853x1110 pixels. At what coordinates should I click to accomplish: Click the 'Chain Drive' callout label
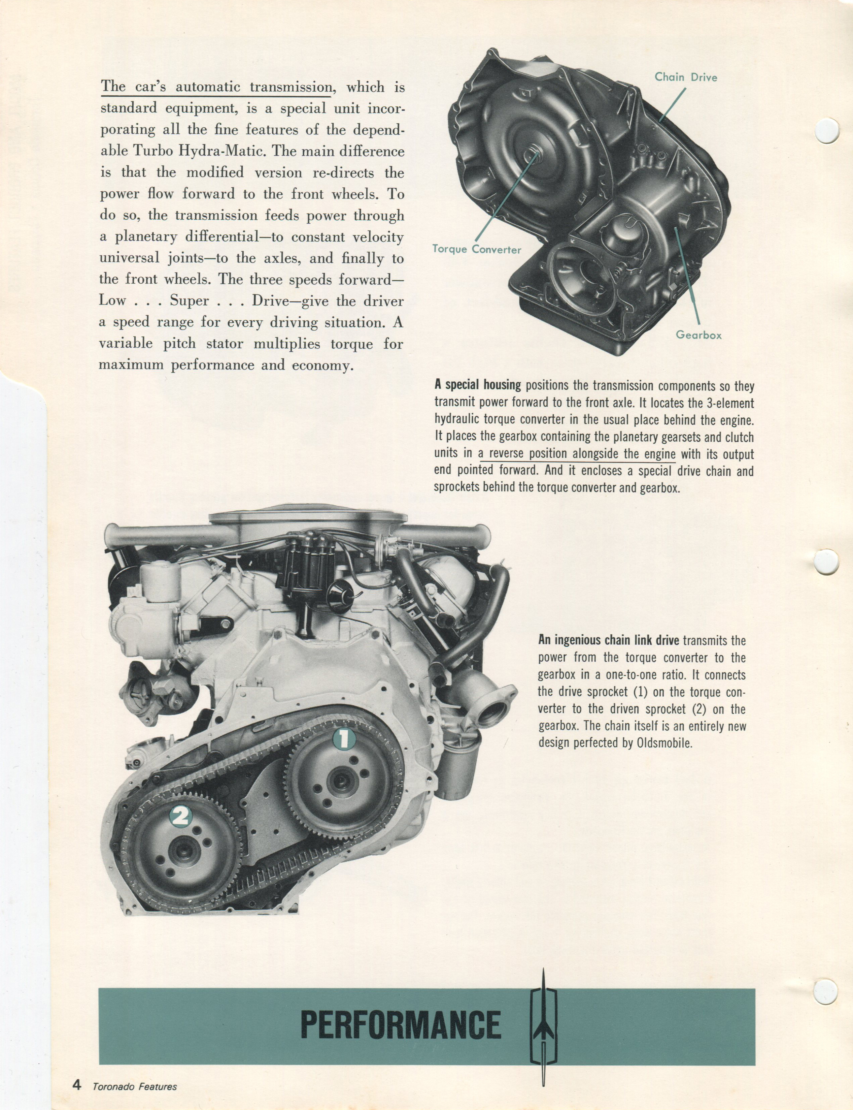[x=685, y=77]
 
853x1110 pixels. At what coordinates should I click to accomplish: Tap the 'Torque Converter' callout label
[x=476, y=249]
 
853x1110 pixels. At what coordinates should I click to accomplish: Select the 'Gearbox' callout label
[x=698, y=335]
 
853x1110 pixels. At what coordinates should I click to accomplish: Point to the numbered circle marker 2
[x=181, y=816]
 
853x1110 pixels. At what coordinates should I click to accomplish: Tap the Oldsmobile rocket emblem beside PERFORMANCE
[x=543, y=1026]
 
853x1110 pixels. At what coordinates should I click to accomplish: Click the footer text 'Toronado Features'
[x=135, y=1087]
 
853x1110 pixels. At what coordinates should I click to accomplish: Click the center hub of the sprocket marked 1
[x=339, y=781]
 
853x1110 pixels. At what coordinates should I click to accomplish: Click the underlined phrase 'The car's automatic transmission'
[x=217, y=87]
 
